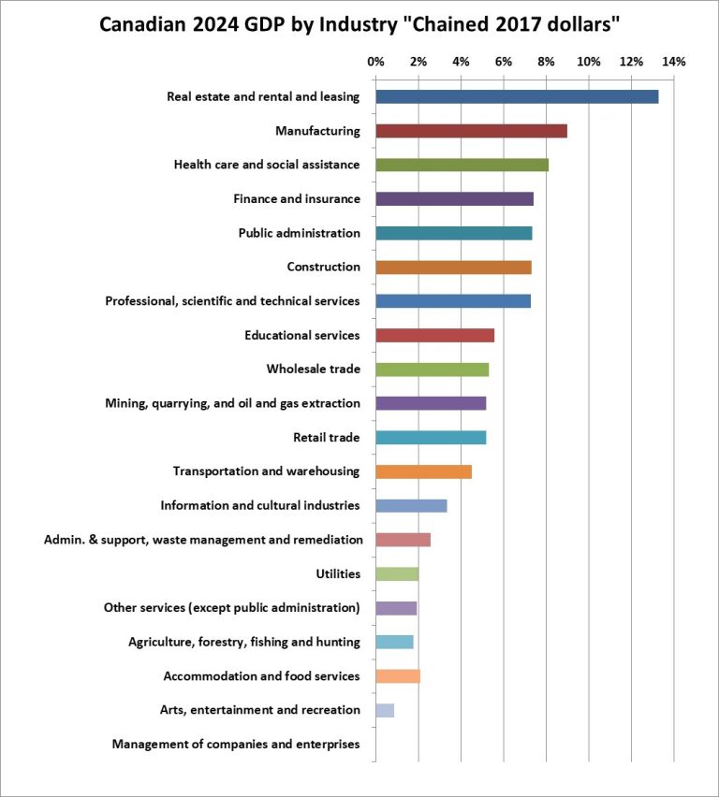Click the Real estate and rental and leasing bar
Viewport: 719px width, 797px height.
pyautogui.click(x=517, y=96)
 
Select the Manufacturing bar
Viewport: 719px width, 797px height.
pyautogui.click(x=471, y=131)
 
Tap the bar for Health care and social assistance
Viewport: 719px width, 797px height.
pyautogui.click(x=462, y=165)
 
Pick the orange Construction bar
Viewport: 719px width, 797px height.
pyautogui.click(x=453, y=268)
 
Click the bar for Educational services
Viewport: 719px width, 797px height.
pyautogui.click(x=434, y=335)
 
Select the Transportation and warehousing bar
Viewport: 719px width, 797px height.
pyautogui.click(x=423, y=471)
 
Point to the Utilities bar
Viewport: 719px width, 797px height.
pyautogui.click(x=397, y=573)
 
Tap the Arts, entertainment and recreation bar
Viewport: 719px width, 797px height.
pyautogui.click(x=385, y=710)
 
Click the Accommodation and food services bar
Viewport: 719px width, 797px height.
pyautogui.click(x=398, y=676)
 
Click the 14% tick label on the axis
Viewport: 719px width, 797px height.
pyautogui.click(x=673, y=62)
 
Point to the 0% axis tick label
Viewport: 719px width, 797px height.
pyautogui.click(x=375, y=62)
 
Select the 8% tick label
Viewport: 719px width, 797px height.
pyautogui.click(x=546, y=62)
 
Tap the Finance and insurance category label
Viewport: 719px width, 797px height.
pyautogui.click(x=296, y=199)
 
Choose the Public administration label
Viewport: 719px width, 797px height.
pyautogui.click(x=299, y=233)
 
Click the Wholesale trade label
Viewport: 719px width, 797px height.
pyautogui.click(x=313, y=370)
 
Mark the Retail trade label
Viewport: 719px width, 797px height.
pyautogui.click(x=326, y=438)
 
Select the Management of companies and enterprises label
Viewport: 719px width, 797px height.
pyautogui.click(x=236, y=745)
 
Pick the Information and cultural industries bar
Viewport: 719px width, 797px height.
pyautogui.click(x=411, y=506)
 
